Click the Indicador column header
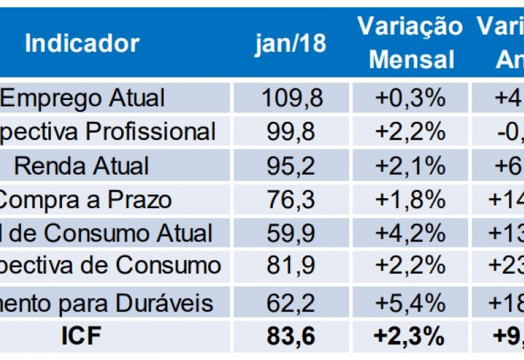point(82,44)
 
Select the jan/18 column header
point(291,44)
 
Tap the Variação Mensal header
point(410,43)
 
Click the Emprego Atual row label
point(82,98)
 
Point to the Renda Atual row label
point(82,165)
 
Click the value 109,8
point(293,98)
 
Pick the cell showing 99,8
point(293,131)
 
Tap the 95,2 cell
point(293,165)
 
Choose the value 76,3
point(293,199)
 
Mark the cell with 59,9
point(293,233)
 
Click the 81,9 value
point(293,266)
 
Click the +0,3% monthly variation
point(410,98)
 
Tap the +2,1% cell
point(410,165)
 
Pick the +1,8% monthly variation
point(410,199)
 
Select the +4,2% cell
point(410,233)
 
